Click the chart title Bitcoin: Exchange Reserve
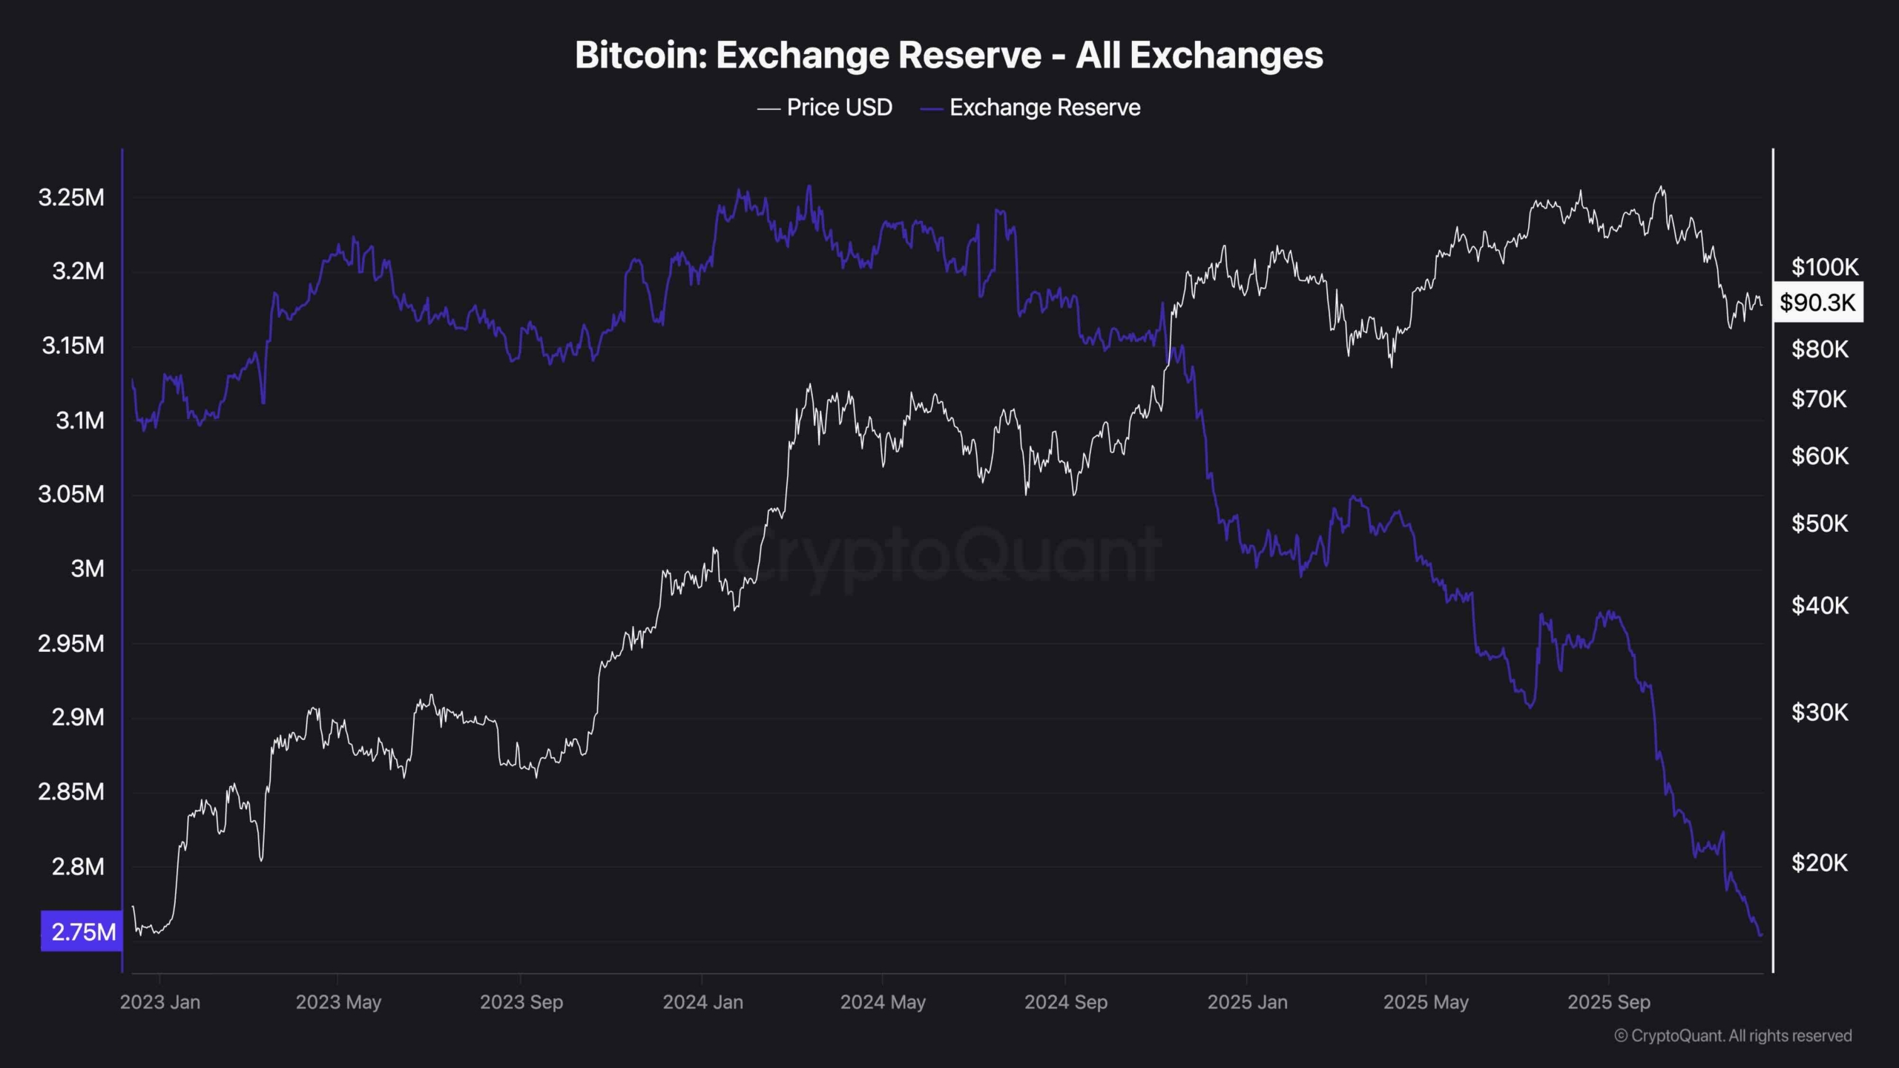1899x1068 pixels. tap(949, 55)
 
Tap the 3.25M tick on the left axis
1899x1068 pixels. tap(71, 197)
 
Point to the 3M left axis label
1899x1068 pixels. tap(87, 569)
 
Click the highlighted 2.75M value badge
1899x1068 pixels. tap(82, 932)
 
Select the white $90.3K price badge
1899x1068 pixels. tap(1817, 302)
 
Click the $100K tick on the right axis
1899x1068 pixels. tap(1825, 266)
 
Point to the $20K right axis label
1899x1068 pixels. tap(1820, 863)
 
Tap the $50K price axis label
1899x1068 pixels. tap(1820, 524)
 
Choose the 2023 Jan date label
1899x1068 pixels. tap(159, 1002)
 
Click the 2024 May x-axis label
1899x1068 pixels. tap(883, 1002)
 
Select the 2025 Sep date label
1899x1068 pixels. tap(1608, 1002)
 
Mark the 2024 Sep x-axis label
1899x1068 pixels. tap(1065, 1002)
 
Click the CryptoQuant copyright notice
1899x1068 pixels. tap(1733, 1035)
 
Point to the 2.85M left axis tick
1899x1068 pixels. tap(71, 792)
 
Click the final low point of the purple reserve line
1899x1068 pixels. tap(1760, 935)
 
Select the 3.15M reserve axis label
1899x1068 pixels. tap(73, 346)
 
